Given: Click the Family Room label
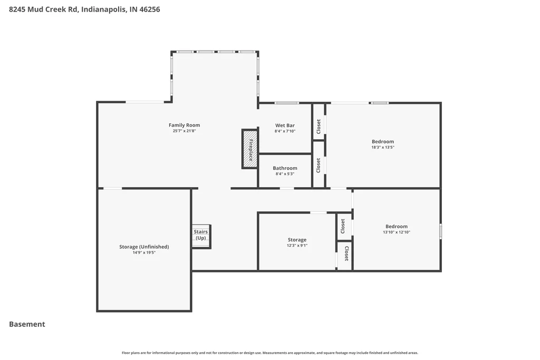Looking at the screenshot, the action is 184,125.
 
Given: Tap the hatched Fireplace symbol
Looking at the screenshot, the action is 250,149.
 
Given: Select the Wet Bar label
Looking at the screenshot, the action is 285,125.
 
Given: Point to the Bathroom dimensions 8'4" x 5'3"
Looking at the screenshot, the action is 285,174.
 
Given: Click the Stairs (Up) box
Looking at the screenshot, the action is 201,237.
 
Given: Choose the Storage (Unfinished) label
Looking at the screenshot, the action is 144,247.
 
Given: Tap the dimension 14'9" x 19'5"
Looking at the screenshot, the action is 144,252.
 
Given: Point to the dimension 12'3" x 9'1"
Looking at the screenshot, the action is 297,246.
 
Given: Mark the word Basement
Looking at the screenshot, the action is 27,324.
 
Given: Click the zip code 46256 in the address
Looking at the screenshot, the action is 149,9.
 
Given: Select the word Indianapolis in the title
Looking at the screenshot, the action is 104,9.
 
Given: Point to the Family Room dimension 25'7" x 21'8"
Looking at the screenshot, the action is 184,131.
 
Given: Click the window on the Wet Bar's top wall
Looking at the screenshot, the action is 286,103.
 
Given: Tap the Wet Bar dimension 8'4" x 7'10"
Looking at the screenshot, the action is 285,131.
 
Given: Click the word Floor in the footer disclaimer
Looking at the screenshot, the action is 126,353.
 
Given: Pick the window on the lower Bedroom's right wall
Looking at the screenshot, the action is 440,231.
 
